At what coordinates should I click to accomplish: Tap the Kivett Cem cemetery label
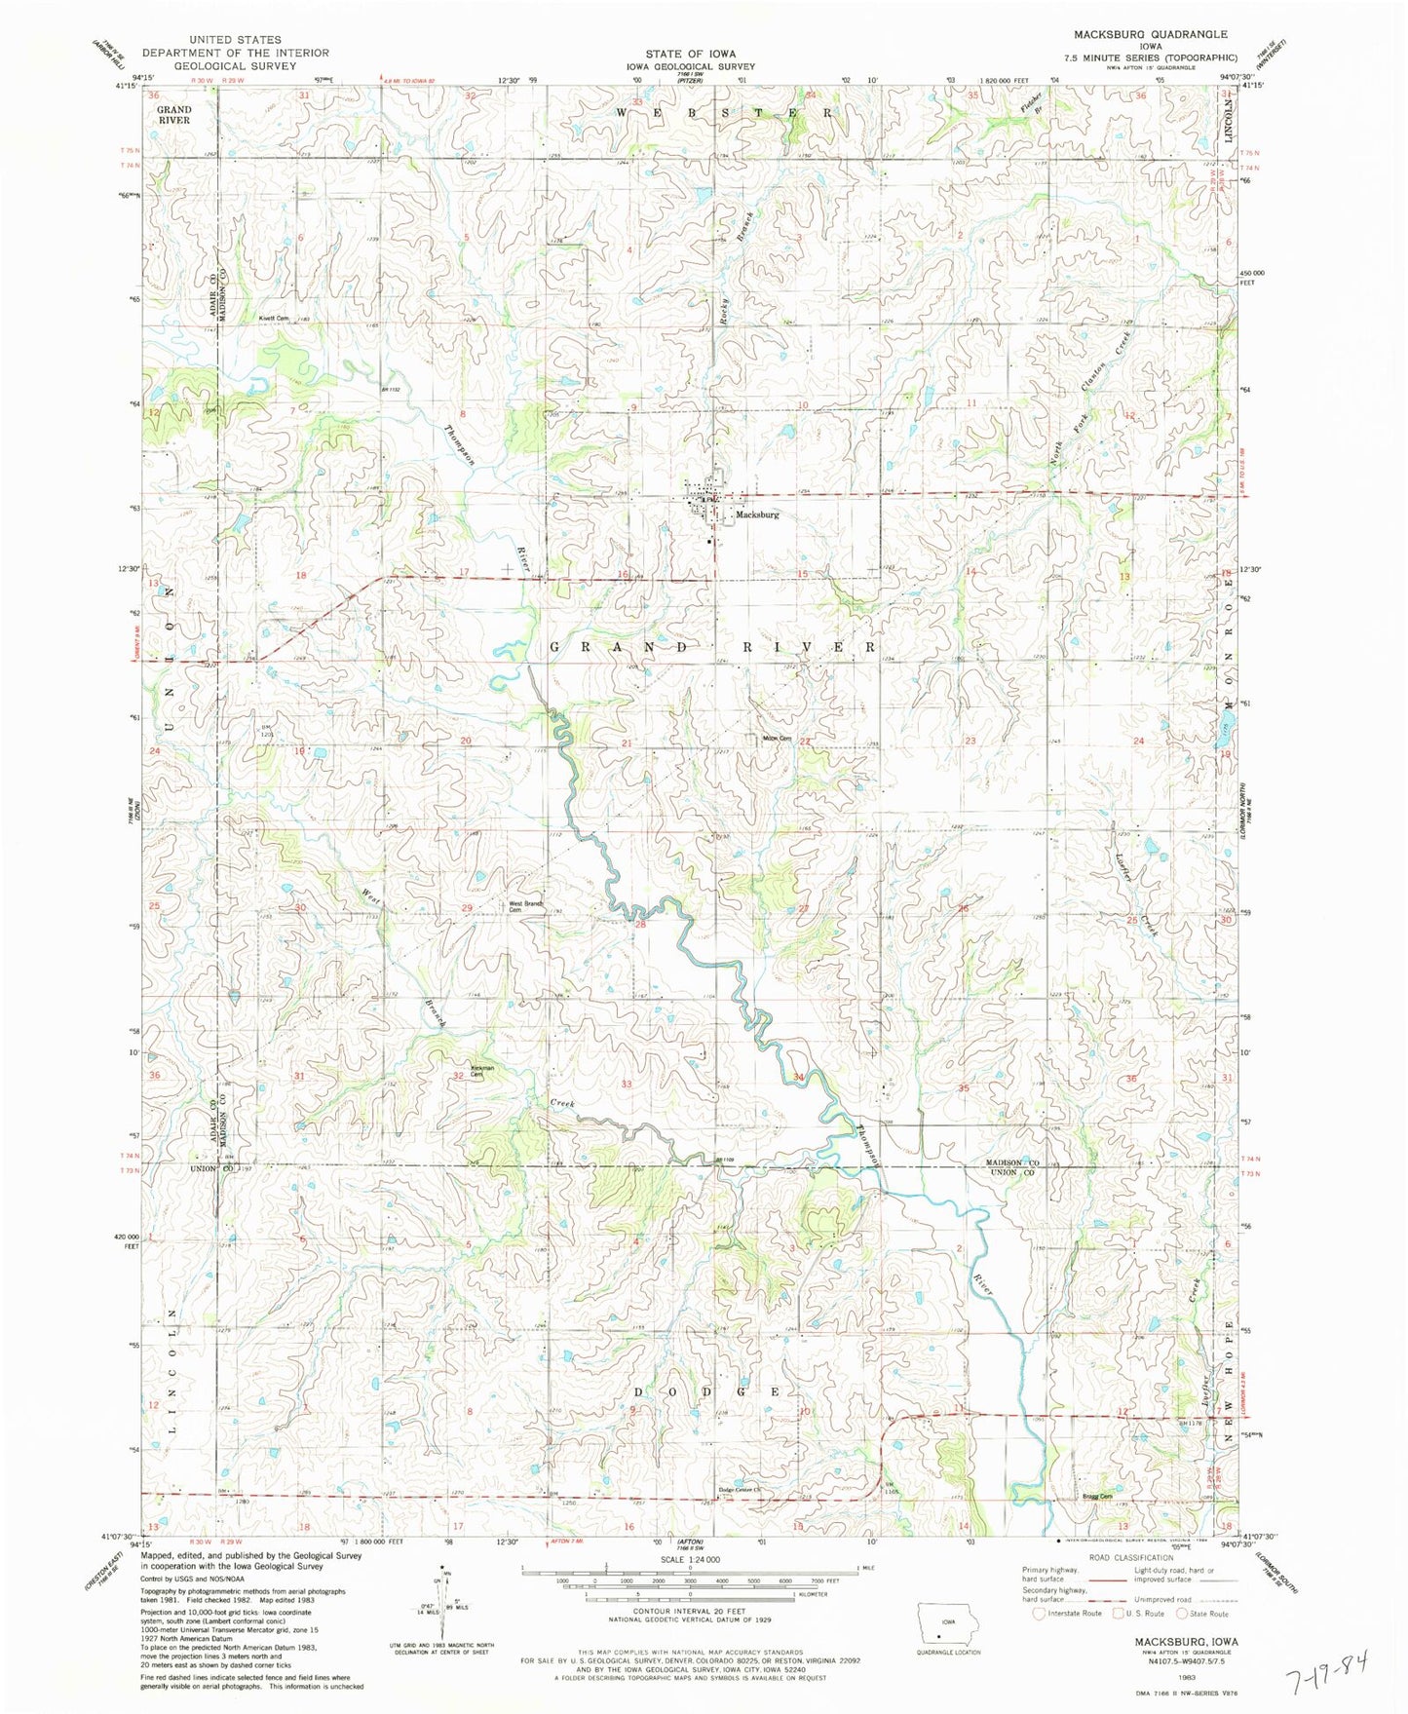pyautogui.click(x=274, y=318)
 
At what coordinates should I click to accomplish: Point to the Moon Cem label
pyautogui.click(x=777, y=738)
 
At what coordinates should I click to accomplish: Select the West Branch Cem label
pyautogui.click(x=525, y=906)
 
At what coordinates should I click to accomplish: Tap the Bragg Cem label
pyautogui.click(x=1097, y=1497)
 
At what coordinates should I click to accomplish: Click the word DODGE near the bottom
pyautogui.click(x=710, y=1391)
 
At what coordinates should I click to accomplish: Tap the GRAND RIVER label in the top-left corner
pyautogui.click(x=174, y=115)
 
